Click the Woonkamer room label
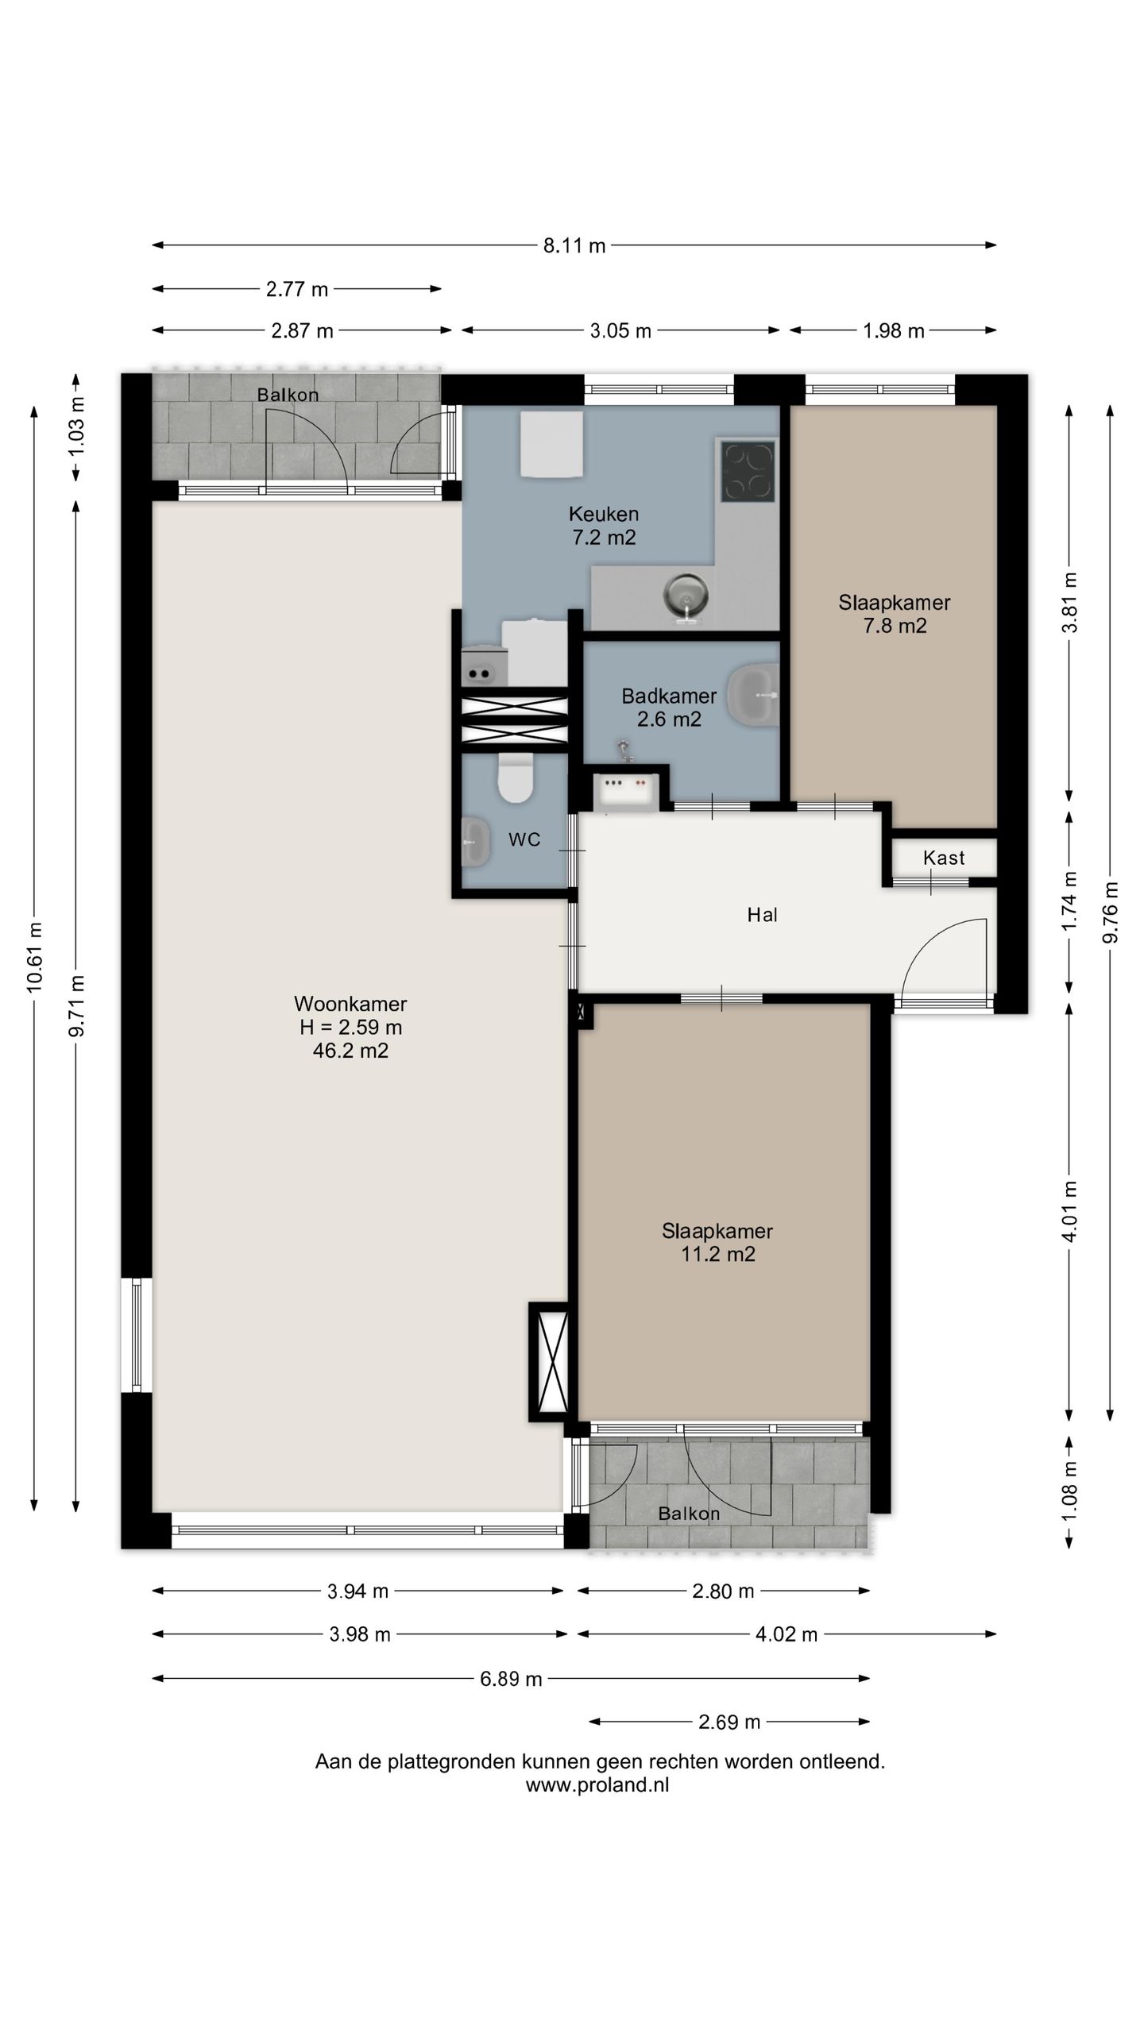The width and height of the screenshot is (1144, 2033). (x=350, y=1004)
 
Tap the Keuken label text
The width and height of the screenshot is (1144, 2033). (x=604, y=514)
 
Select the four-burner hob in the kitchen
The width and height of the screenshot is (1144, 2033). (x=748, y=471)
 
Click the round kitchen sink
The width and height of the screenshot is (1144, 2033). (x=684, y=594)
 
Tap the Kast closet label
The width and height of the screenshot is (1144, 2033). (x=944, y=858)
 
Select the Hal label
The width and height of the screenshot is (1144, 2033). (x=763, y=915)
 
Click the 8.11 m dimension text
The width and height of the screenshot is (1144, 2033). (x=574, y=246)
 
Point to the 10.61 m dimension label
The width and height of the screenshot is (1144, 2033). (x=33, y=958)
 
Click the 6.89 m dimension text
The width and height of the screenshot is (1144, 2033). (x=511, y=1679)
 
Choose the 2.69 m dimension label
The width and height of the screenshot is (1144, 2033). (x=729, y=1722)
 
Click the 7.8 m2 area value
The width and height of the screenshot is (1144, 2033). (x=895, y=626)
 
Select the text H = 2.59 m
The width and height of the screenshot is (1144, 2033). (x=350, y=1028)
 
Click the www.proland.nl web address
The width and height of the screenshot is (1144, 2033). (x=597, y=1785)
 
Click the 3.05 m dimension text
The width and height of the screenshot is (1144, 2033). (x=620, y=331)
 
